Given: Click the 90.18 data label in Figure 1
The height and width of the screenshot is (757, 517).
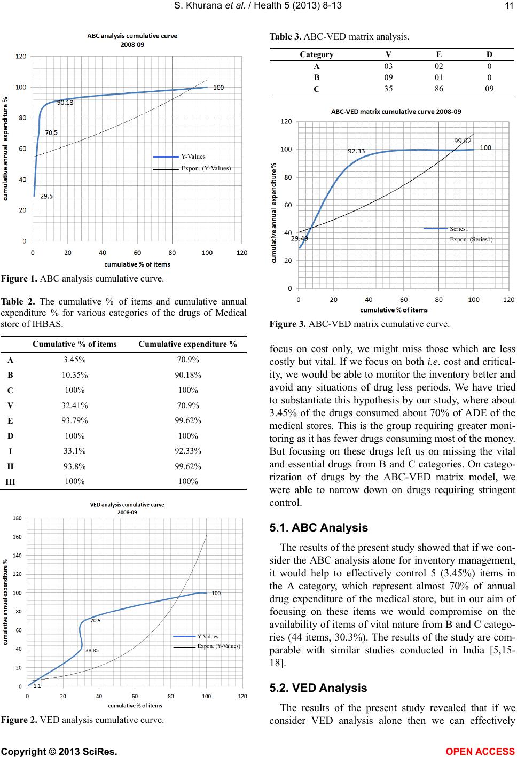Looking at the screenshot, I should tap(65, 103).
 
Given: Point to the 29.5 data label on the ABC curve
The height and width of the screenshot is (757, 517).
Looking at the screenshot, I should tap(46, 196).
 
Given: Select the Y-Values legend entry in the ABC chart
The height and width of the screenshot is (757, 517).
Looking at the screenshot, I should tap(193, 157).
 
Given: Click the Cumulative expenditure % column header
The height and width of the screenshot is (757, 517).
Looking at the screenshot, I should tap(188, 344).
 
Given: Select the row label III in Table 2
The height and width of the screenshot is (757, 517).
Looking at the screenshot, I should tap(11, 481).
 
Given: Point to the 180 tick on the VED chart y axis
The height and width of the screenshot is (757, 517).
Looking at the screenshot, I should tap(18, 518).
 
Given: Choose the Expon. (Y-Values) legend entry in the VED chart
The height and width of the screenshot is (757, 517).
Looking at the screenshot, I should tap(219, 646).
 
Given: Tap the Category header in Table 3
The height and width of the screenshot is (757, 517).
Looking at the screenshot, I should tap(317, 54).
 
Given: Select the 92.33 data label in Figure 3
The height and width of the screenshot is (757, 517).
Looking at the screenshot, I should tap(356, 151).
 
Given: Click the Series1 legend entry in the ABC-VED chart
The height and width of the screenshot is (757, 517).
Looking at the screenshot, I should tap(459, 229).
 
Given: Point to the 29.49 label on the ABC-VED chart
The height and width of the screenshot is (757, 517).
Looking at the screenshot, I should tap(299, 239).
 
